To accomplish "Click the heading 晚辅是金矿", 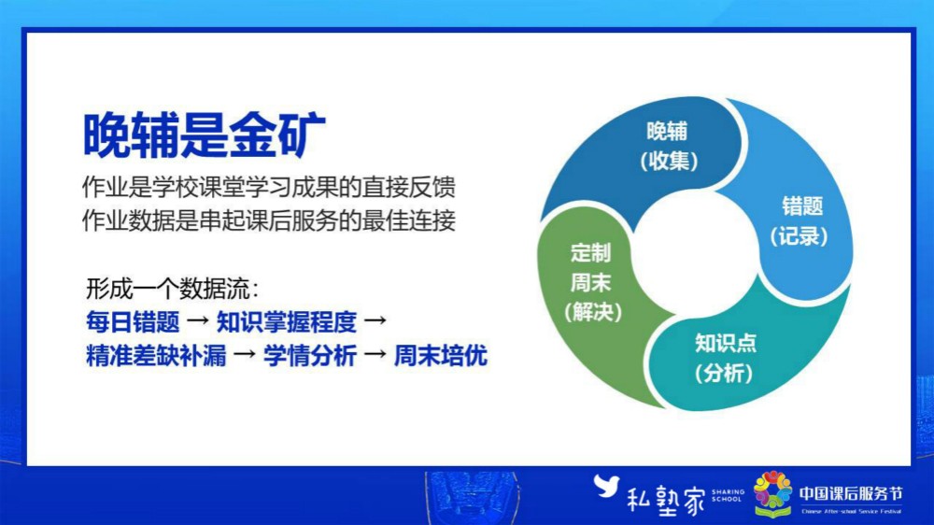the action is (205, 135).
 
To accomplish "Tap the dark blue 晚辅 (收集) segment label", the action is (669, 146).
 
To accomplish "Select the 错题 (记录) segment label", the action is (800, 221).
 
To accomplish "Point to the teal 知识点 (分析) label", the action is (725, 358).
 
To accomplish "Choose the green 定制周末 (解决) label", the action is (591, 282).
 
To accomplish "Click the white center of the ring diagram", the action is (695, 252).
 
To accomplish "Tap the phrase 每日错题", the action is (133, 322).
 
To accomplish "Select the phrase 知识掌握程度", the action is (287, 322).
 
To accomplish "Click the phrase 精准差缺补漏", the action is (156, 356).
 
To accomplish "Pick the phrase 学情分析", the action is (310, 356).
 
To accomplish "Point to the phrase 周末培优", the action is (441, 356).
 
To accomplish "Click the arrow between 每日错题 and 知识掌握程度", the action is (198, 321).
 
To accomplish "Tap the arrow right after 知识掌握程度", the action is (375, 321).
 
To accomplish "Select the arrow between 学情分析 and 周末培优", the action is (375, 355).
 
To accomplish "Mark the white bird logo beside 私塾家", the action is (606, 486).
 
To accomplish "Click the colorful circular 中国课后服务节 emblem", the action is (772, 491).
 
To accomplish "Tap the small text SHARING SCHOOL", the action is (728, 495).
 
